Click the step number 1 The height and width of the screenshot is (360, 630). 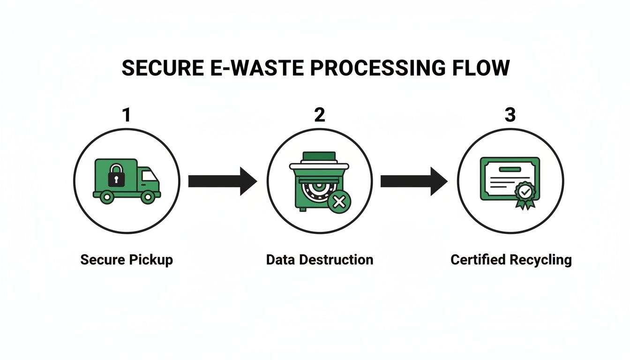pos(126,115)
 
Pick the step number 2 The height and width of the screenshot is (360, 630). pos(319,115)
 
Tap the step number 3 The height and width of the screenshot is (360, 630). pos(510,115)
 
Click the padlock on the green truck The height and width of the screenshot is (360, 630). pos(116,175)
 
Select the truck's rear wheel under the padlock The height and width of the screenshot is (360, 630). pos(107,197)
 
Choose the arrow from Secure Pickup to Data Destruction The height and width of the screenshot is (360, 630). pos(222,181)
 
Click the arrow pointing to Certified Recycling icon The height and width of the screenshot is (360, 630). pos(414,181)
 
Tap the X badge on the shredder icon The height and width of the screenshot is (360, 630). pos(339,202)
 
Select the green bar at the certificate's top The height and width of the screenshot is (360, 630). pos(510,169)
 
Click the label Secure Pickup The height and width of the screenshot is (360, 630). pos(127,260)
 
